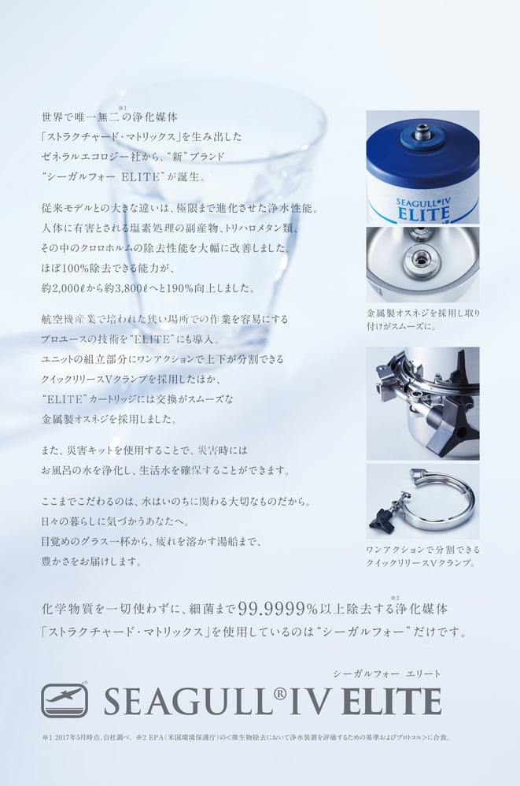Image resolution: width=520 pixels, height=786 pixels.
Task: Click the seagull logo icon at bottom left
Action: click(65, 700)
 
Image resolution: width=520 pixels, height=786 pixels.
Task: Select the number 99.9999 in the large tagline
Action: click(271, 609)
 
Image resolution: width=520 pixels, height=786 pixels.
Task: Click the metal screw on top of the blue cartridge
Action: click(419, 132)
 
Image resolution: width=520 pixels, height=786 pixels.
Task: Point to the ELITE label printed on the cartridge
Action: click(423, 214)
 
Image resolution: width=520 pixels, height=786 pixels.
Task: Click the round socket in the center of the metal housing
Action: click(419, 256)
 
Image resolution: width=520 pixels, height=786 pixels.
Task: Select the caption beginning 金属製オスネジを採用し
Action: click(423, 320)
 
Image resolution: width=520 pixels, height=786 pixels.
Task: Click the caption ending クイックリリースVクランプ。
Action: click(423, 556)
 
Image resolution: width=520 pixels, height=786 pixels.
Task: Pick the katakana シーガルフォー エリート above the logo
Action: click(387, 673)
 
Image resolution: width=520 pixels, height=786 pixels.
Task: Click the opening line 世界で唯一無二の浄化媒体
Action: click(109, 117)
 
